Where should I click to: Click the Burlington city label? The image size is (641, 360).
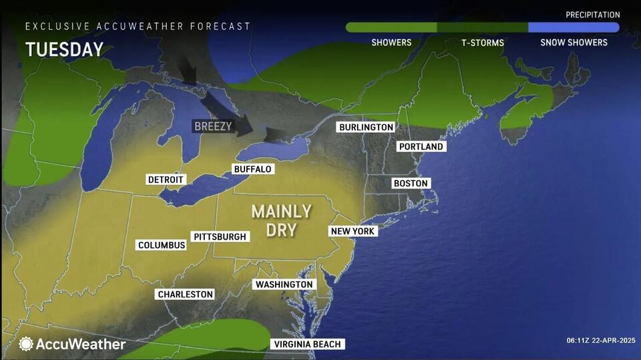coord(366,127)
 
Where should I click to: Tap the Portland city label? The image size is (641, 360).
coord(421,146)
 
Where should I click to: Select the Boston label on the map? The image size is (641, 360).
coord(411,183)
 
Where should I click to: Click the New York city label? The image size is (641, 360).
coord(354,231)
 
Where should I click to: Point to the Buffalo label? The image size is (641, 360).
coord(252,169)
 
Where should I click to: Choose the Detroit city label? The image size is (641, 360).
coord(166,180)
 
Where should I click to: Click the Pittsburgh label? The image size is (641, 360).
coord(220,236)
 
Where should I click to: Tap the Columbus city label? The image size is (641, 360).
coord(162,245)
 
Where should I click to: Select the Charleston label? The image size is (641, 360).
coord(185,294)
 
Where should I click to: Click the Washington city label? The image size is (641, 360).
coord(284,285)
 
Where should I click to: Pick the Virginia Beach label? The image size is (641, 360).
coord(308,344)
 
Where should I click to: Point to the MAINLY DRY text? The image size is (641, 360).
coord(281,220)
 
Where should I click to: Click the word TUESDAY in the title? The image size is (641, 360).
coord(65,49)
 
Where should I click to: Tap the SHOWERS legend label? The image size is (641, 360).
coord(391,43)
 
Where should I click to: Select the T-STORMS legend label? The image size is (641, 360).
coord(483,43)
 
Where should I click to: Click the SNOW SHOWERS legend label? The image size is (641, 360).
coord(574,43)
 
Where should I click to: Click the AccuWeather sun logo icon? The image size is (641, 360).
coord(26,344)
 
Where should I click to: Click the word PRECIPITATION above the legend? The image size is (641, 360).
coord(592,15)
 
